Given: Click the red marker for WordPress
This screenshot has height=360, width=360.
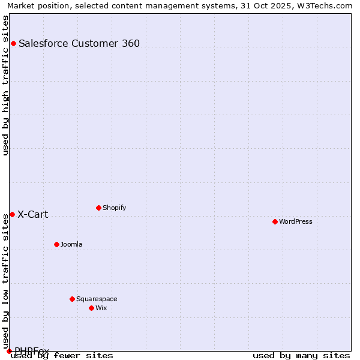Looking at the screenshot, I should click(x=275, y=221).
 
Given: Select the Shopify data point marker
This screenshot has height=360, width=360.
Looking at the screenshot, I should click(x=98, y=208).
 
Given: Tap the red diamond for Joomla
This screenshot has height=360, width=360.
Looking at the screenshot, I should click(x=56, y=244).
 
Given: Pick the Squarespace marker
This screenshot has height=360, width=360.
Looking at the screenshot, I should click(x=72, y=299).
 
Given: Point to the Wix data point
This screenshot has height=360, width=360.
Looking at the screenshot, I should click(x=91, y=308).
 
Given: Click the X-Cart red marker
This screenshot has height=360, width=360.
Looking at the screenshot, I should click(x=12, y=214).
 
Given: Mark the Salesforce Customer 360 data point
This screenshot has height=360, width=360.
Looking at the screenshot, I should click(x=13, y=43).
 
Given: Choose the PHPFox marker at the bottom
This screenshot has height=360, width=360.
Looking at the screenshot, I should click(x=9, y=351).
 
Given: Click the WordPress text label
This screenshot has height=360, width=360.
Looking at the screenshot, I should click(x=296, y=221).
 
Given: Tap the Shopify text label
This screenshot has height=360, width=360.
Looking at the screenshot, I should click(x=114, y=208).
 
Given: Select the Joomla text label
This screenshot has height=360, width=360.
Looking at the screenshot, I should click(x=71, y=244).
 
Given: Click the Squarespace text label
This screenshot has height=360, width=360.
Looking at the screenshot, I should click(x=97, y=299).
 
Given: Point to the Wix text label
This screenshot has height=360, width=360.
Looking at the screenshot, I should click(x=101, y=308).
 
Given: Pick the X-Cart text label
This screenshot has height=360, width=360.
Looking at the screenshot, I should click(x=32, y=214).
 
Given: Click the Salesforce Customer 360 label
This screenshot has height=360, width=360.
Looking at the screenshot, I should click(x=79, y=43).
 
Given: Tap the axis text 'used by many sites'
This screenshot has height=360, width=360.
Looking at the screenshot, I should click(x=301, y=356).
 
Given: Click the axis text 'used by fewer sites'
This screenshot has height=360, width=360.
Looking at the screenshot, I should click(x=62, y=356).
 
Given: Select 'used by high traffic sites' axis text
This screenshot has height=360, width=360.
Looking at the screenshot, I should click(x=6, y=85).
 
